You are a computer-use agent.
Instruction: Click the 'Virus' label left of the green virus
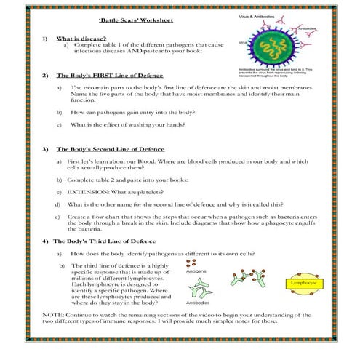pos(241,42)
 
